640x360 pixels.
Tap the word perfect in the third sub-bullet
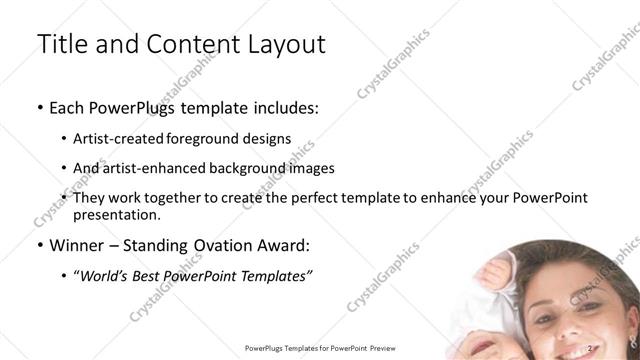tap(304, 199)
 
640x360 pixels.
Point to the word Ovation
tap(219, 245)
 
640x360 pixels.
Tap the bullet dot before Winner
tap(39, 246)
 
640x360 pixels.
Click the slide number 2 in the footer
tap(592, 348)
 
